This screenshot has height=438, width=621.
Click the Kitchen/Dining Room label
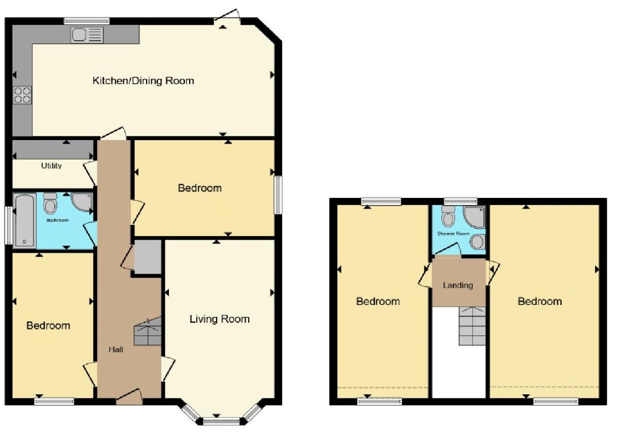(x=143, y=81)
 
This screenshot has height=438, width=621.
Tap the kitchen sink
(x=87, y=35)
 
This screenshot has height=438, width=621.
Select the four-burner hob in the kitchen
(x=22, y=95)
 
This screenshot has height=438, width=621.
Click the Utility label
(x=51, y=165)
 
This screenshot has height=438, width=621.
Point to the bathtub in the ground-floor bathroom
(x=25, y=220)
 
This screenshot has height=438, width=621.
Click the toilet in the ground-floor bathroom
(x=50, y=204)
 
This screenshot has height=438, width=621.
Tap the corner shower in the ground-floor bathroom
(x=82, y=204)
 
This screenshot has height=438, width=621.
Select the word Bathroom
(x=58, y=220)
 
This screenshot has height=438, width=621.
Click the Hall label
(x=116, y=350)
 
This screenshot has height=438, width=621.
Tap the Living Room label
(x=220, y=319)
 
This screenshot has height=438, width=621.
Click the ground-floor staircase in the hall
(x=148, y=331)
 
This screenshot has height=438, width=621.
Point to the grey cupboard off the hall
(x=148, y=257)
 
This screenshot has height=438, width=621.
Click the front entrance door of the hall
(x=129, y=397)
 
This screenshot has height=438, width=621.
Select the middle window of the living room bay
(x=221, y=422)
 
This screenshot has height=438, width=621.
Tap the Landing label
(x=458, y=285)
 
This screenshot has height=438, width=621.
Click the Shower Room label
(x=453, y=233)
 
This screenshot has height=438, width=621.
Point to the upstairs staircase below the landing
(x=472, y=326)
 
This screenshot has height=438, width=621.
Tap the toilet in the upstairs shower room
(x=448, y=216)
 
